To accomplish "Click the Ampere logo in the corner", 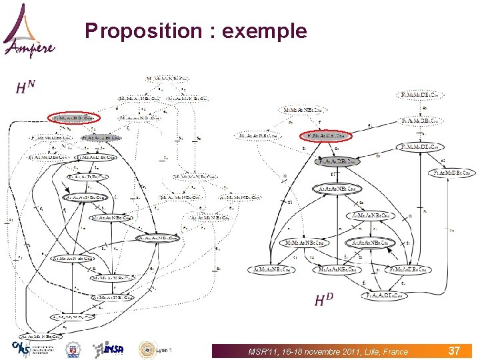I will pos(29,32).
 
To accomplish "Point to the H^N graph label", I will pos(26,87).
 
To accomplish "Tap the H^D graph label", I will pos(324,300).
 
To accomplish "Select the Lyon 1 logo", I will pos(155,349).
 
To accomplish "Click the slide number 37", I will pos(454,350).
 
